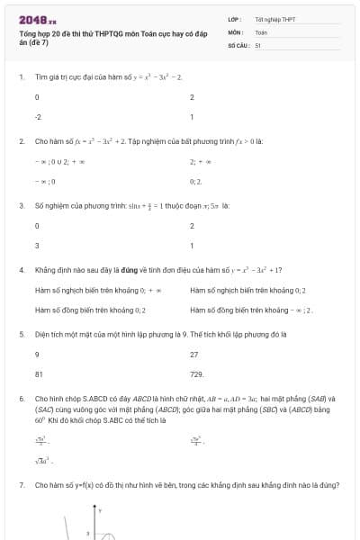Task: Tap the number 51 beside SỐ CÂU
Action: (257, 44)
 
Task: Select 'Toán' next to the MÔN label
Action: (261, 31)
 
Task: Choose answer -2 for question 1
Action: (38, 117)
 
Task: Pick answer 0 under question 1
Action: (37, 97)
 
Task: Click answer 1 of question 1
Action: (192, 117)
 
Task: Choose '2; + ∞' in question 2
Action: (199, 161)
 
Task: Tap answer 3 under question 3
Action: (37, 245)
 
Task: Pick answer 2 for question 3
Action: (192, 225)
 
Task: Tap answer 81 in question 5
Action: (39, 373)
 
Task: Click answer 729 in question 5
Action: (197, 373)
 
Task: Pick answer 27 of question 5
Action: (193, 354)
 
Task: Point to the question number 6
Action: (21, 398)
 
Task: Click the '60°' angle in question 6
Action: (40, 419)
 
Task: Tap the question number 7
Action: (21, 485)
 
